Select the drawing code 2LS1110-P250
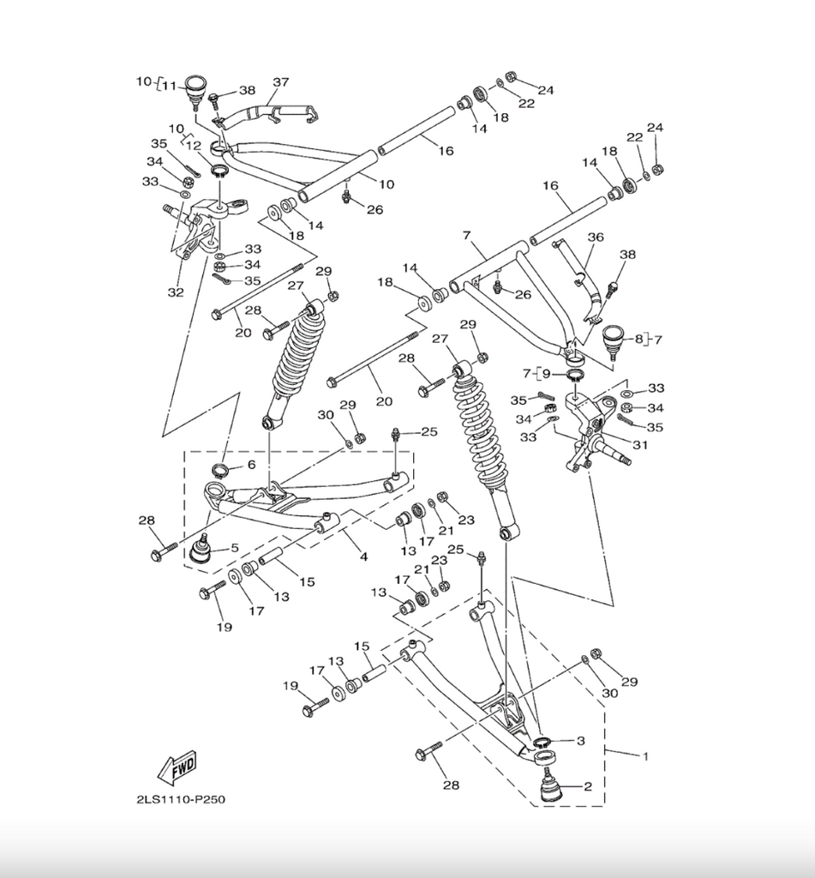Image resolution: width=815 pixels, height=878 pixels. pos(181,800)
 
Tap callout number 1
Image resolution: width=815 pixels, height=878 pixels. pos(644,755)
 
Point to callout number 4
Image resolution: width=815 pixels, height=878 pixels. pos(363,556)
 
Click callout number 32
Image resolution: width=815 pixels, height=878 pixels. pos(176,292)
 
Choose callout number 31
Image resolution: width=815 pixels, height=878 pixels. pos(640,444)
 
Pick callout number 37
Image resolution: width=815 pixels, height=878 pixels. pos(281,82)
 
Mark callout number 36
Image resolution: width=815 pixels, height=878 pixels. pos(596,237)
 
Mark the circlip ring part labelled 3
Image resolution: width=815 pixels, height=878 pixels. pos(542,743)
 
